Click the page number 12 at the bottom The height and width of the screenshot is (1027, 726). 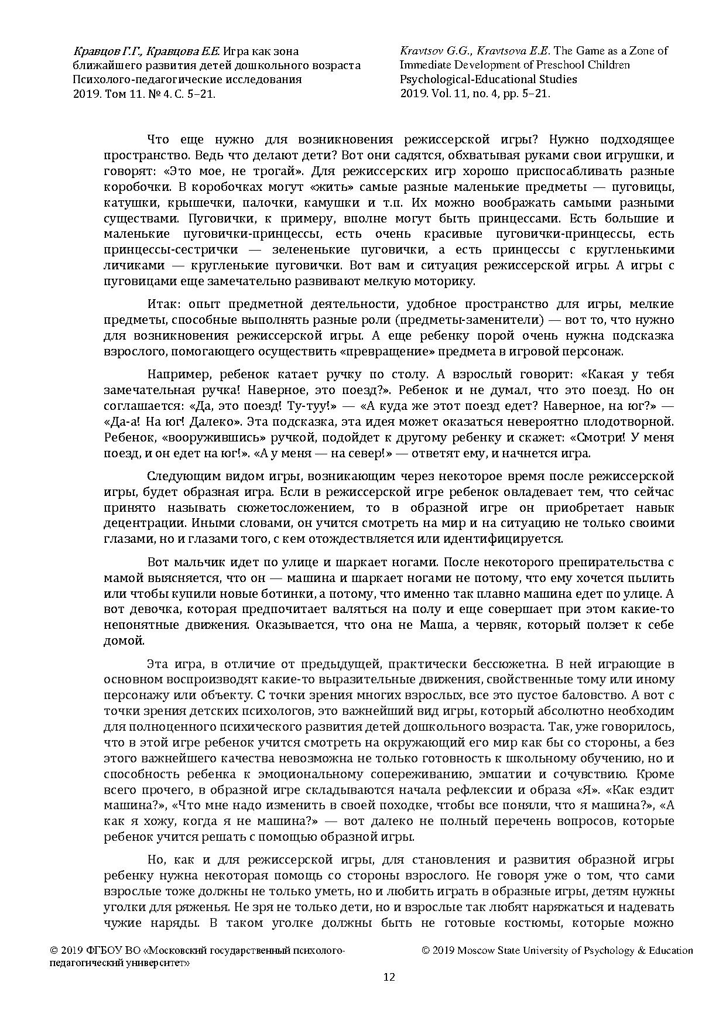[x=389, y=977]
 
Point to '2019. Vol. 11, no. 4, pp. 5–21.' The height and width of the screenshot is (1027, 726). [x=475, y=93]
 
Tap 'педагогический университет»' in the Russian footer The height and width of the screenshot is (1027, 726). [x=120, y=962]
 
